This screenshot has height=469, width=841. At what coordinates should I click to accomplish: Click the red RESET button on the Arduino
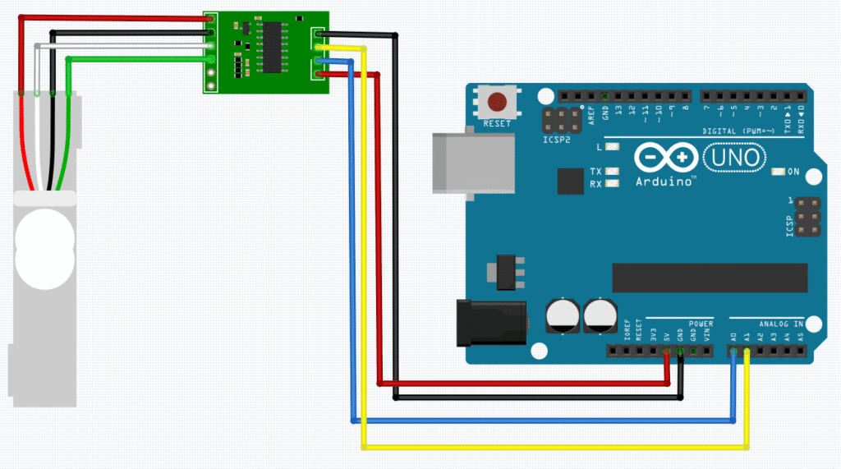(497, 103)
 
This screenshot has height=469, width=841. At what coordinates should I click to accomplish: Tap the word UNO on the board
(735, 156)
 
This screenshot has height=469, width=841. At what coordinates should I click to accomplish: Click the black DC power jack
(489, 321)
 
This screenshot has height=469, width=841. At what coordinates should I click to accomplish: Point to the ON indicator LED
(779, 172)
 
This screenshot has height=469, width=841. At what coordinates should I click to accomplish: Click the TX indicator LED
(611, 171)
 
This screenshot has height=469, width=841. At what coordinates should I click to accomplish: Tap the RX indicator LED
(611, 184)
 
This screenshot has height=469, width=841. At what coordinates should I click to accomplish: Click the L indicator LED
(611, 147)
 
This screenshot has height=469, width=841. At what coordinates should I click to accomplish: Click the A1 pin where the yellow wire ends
(747, 352)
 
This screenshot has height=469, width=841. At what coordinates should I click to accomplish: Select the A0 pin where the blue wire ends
(733, 352)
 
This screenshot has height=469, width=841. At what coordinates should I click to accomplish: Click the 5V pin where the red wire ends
(667, 352)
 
